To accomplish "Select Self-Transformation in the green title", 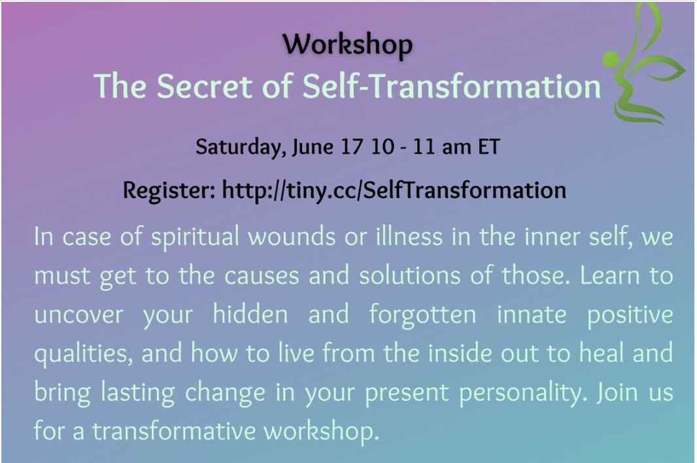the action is (x=452, y=86).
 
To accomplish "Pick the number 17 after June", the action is (x=352, y=146).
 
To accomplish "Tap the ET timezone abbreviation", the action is (x=489, y=146).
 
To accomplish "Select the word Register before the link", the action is (x=169, y=191).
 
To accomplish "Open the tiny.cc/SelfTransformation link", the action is (x=394, y=190).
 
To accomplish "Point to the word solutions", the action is (x=409, y=275).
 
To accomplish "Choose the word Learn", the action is (x=609, y=276).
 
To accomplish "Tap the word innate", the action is (x=532, y=315).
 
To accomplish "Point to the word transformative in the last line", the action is (x=174, y=431).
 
